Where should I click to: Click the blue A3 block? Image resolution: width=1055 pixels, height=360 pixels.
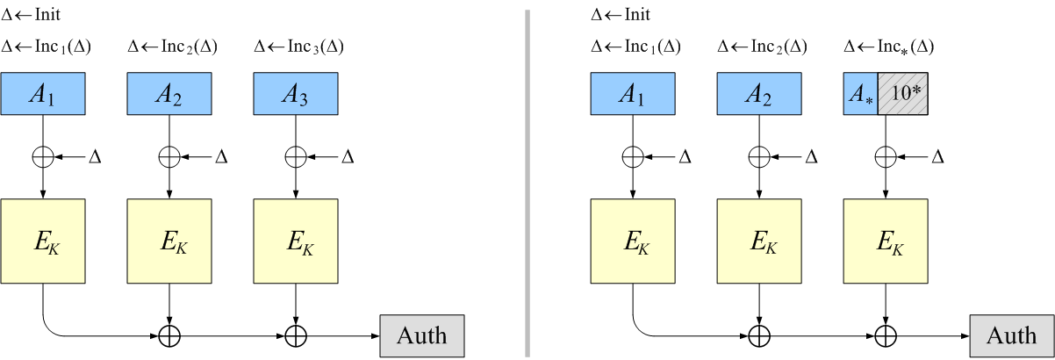296,93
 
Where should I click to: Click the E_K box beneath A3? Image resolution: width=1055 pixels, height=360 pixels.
296,241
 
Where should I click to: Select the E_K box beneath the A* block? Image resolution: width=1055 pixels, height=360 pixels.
886,241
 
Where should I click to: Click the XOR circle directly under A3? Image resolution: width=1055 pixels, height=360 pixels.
296,156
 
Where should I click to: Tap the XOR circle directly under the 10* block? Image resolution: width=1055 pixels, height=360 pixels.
886,156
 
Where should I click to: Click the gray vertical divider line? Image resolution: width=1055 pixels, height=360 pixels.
527,180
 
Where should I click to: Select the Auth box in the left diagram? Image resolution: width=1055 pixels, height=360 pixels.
421,335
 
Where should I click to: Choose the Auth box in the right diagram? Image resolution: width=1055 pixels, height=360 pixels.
1011,335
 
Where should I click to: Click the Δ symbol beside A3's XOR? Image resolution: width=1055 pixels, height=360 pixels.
348,157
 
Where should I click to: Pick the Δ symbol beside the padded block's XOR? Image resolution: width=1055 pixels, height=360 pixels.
937,157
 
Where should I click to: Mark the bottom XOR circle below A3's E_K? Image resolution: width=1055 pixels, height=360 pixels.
296,335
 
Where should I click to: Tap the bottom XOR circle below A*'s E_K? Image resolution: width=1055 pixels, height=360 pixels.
886,335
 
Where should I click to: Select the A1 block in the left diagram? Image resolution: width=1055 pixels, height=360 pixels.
43,93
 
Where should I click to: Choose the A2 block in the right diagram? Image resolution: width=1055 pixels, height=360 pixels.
759,93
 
